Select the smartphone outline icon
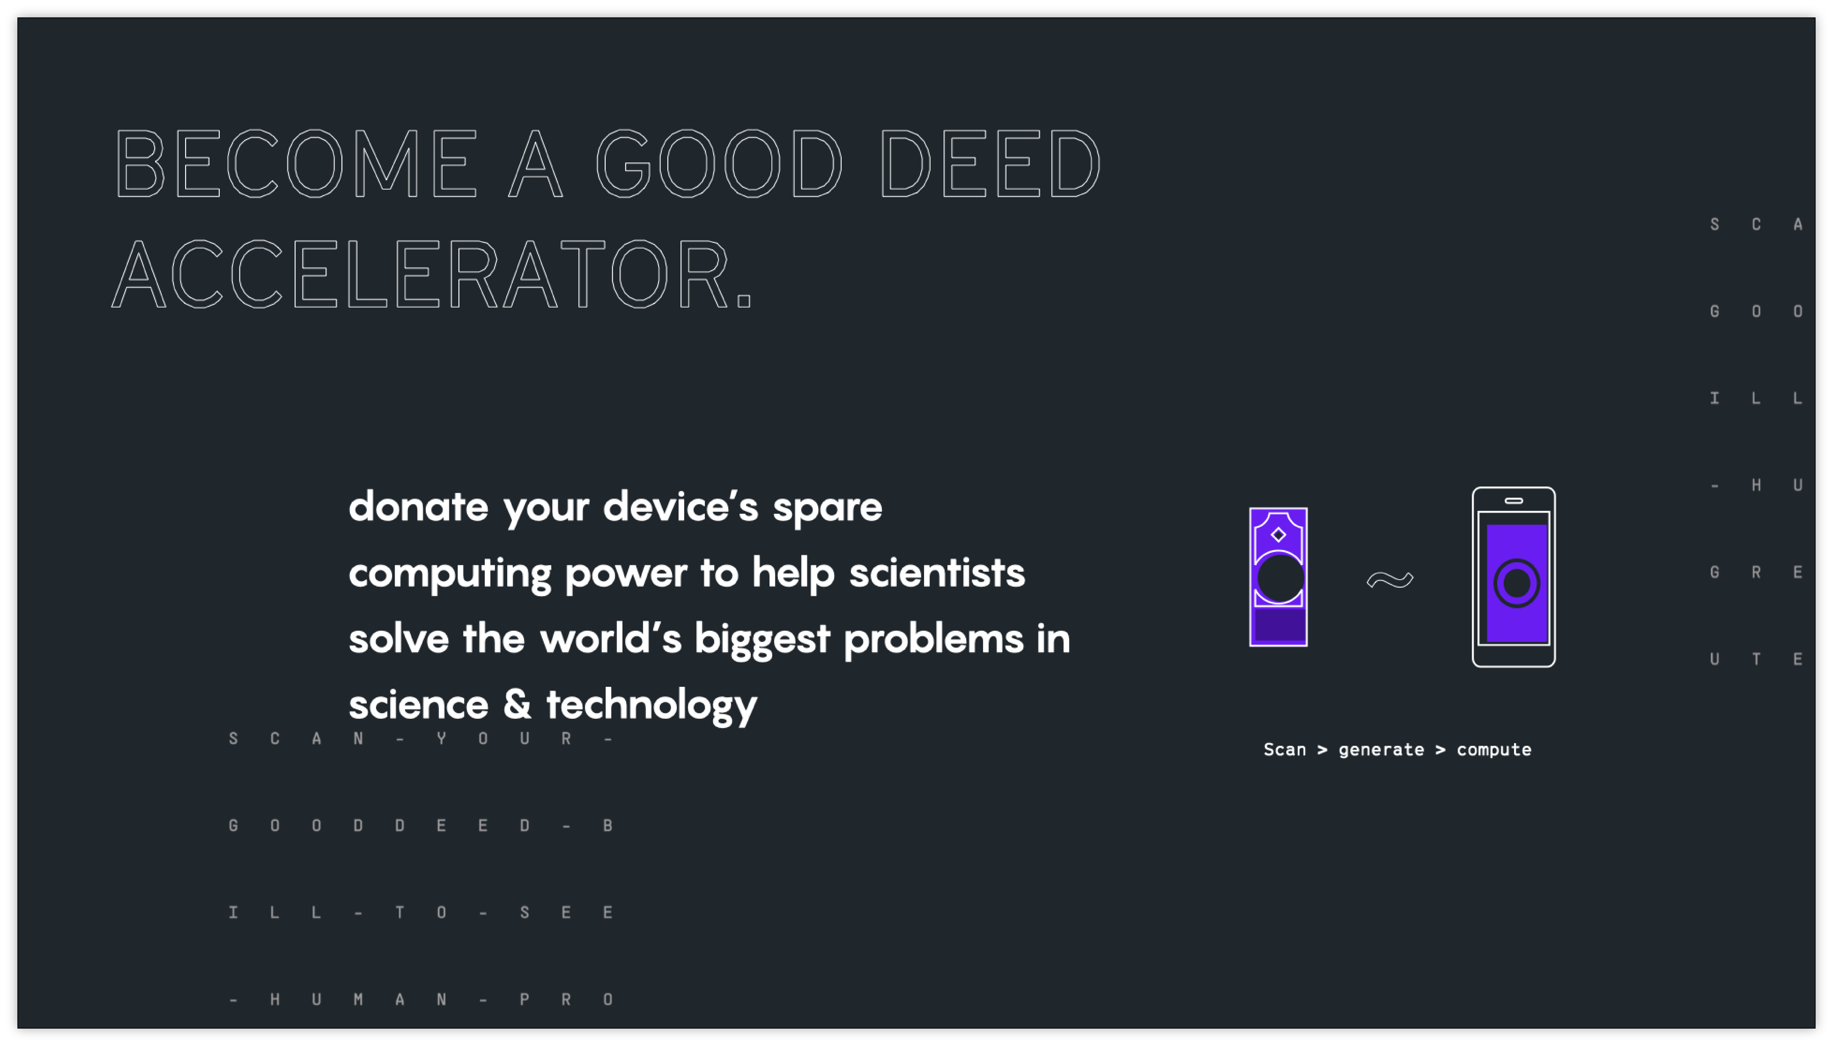1513,577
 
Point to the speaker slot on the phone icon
1513,501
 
